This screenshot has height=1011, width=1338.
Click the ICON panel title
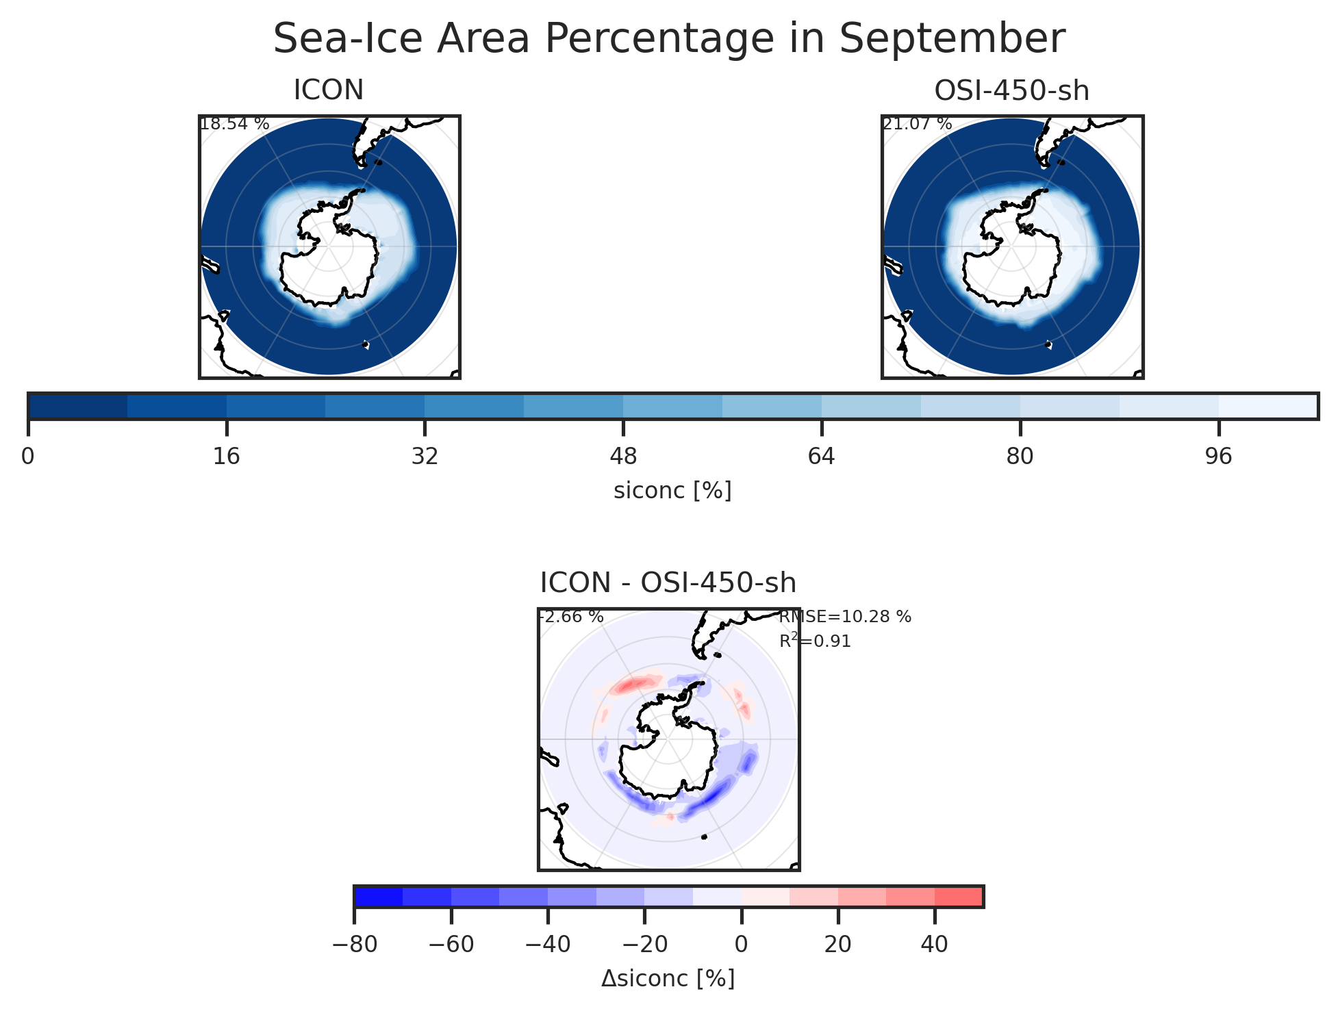click(328, 90)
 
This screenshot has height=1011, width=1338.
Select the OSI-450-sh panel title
click(1011, 91)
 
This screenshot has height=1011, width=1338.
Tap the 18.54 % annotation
click(234, 125)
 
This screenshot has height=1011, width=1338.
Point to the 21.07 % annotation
click(917, 125)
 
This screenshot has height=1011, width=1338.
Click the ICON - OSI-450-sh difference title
click(668, 583)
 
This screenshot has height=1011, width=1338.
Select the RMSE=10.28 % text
click(845, 617)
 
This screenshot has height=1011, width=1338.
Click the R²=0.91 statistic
click(815, 641)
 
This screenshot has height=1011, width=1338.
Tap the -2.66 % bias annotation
click(571, 617)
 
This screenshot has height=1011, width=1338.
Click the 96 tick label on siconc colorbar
click(1218, 456)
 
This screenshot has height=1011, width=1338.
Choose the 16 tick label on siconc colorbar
click(227, 456)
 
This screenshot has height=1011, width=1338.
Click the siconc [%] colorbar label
click(672, 490)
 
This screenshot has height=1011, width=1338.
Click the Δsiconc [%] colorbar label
click(668, 979)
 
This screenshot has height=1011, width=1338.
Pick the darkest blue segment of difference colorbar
click(379, 897)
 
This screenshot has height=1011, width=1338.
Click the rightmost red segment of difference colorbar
click(959, 897)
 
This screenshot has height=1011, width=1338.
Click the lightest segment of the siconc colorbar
click(1267, 407)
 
